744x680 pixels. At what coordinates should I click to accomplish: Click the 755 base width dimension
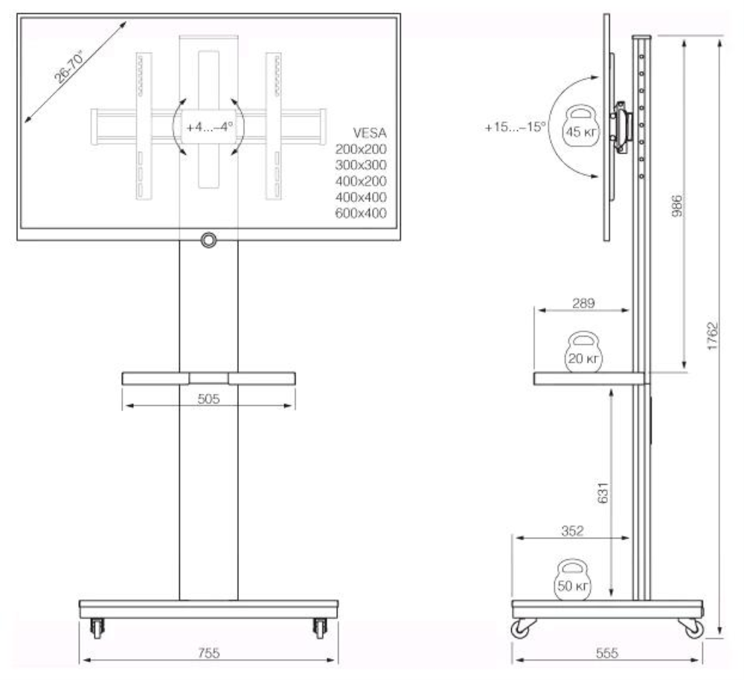point(208,653)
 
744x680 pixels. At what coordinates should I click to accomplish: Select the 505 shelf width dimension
point(208,399)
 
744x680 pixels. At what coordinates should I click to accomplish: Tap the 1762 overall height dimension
point(712,339)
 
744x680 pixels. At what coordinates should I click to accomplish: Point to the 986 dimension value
point(678,204)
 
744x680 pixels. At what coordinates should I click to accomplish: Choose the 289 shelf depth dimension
point(583,304)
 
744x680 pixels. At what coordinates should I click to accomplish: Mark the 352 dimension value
point(572,531)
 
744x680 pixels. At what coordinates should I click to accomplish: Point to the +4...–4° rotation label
point(209,127)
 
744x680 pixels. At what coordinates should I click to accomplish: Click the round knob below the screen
point(208,240)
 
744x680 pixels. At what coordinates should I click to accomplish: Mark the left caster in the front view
point(97,629)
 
